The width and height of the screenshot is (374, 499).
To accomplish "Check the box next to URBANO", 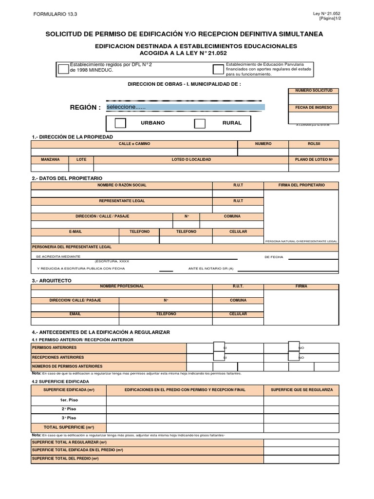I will click(120, 123).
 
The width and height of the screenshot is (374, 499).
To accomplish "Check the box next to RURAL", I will click(200, 123).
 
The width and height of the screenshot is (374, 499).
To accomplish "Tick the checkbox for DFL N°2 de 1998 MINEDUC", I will click(63, 69).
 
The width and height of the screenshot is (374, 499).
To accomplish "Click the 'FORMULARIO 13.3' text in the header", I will click(55, 14).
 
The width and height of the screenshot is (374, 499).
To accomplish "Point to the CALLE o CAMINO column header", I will click(134, 144).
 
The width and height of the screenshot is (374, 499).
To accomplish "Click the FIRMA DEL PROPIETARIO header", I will click(301, 185).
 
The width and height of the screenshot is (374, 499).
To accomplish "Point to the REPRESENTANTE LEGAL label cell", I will click(122, 201).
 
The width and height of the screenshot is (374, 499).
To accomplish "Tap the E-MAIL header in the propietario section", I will click(75, 231).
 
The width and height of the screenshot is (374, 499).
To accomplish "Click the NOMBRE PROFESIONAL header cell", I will click(122, 286).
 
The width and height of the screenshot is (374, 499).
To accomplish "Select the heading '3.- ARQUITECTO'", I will click(51, 281).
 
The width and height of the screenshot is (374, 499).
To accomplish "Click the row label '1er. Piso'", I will click(68, 400).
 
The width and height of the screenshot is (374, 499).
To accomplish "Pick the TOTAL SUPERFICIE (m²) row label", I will click(68, 426).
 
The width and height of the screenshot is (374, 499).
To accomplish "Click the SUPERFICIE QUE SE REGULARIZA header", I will click(301, 390).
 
